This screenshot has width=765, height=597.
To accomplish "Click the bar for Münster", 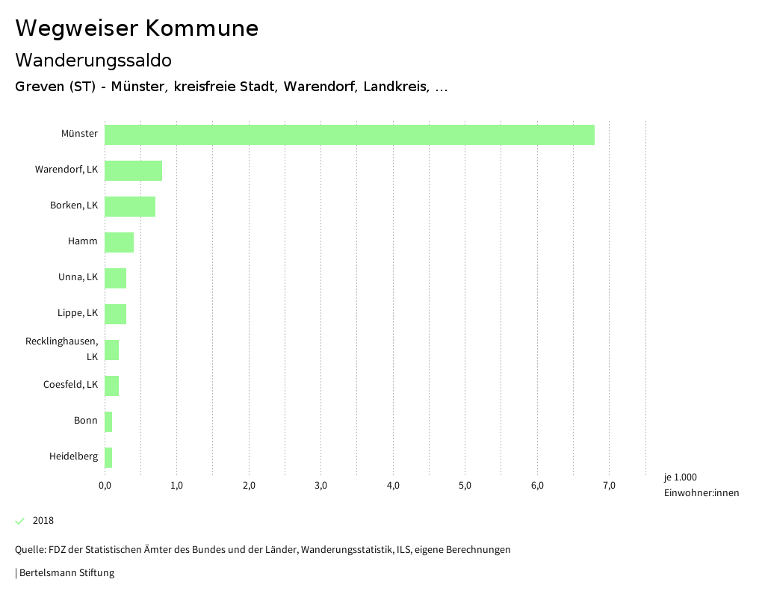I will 349,134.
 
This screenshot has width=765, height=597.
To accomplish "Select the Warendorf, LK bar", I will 133,170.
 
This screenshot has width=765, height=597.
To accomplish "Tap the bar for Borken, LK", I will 130,206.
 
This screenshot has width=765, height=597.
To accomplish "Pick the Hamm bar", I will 119,242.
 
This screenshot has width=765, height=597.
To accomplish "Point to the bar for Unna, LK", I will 115,278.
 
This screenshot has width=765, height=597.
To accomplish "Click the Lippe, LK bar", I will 115,314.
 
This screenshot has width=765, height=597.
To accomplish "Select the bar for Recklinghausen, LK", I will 111,350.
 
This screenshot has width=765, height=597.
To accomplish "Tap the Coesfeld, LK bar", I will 111,386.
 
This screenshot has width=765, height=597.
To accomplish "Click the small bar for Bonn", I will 108,421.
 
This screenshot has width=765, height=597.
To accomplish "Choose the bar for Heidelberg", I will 108,457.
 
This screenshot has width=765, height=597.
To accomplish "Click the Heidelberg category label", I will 73,457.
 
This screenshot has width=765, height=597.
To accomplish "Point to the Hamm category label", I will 82,241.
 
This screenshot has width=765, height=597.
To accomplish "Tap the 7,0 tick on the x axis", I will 609,486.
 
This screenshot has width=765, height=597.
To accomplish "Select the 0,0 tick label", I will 105,486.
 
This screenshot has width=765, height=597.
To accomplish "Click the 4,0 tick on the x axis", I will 393,486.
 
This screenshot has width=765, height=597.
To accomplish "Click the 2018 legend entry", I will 43,521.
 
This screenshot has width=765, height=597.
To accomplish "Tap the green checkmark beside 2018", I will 20,521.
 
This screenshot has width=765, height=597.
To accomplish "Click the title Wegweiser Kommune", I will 137,28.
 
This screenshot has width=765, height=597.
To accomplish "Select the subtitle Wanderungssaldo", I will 93,60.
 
